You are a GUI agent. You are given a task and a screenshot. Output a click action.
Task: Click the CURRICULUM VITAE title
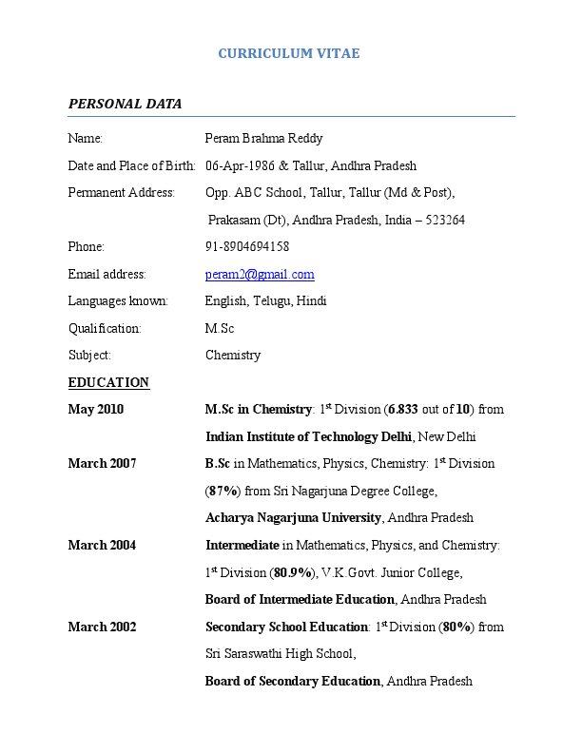tap(289, 53)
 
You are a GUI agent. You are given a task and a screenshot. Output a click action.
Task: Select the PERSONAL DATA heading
tap(125, 104)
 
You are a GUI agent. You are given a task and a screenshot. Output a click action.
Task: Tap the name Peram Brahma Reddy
tap(264, 139)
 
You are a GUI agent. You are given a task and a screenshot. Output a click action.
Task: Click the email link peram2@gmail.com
tap(260, 275)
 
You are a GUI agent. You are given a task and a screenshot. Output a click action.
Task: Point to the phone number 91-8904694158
tap(247, 247)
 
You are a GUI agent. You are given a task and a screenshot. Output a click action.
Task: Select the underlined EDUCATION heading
tap(108, 383)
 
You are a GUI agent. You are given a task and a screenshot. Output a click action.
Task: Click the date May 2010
tap(96, 410)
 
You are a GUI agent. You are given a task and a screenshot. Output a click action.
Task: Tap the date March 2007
tap(102, 464)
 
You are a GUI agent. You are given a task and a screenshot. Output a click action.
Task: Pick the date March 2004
tap(102, 546)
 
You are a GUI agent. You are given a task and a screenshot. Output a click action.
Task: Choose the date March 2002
tap(102, 627)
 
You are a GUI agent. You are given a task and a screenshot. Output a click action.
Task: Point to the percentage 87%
tap(223, 492)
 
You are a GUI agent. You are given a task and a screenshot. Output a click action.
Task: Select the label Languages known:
tap(118, 301)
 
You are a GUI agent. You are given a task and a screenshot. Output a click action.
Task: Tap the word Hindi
tap(311, 301)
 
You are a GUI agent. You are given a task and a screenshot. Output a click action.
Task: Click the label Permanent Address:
tap(122, 193)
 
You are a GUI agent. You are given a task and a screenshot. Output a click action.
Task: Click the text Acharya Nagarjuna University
tap(293, 518)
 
